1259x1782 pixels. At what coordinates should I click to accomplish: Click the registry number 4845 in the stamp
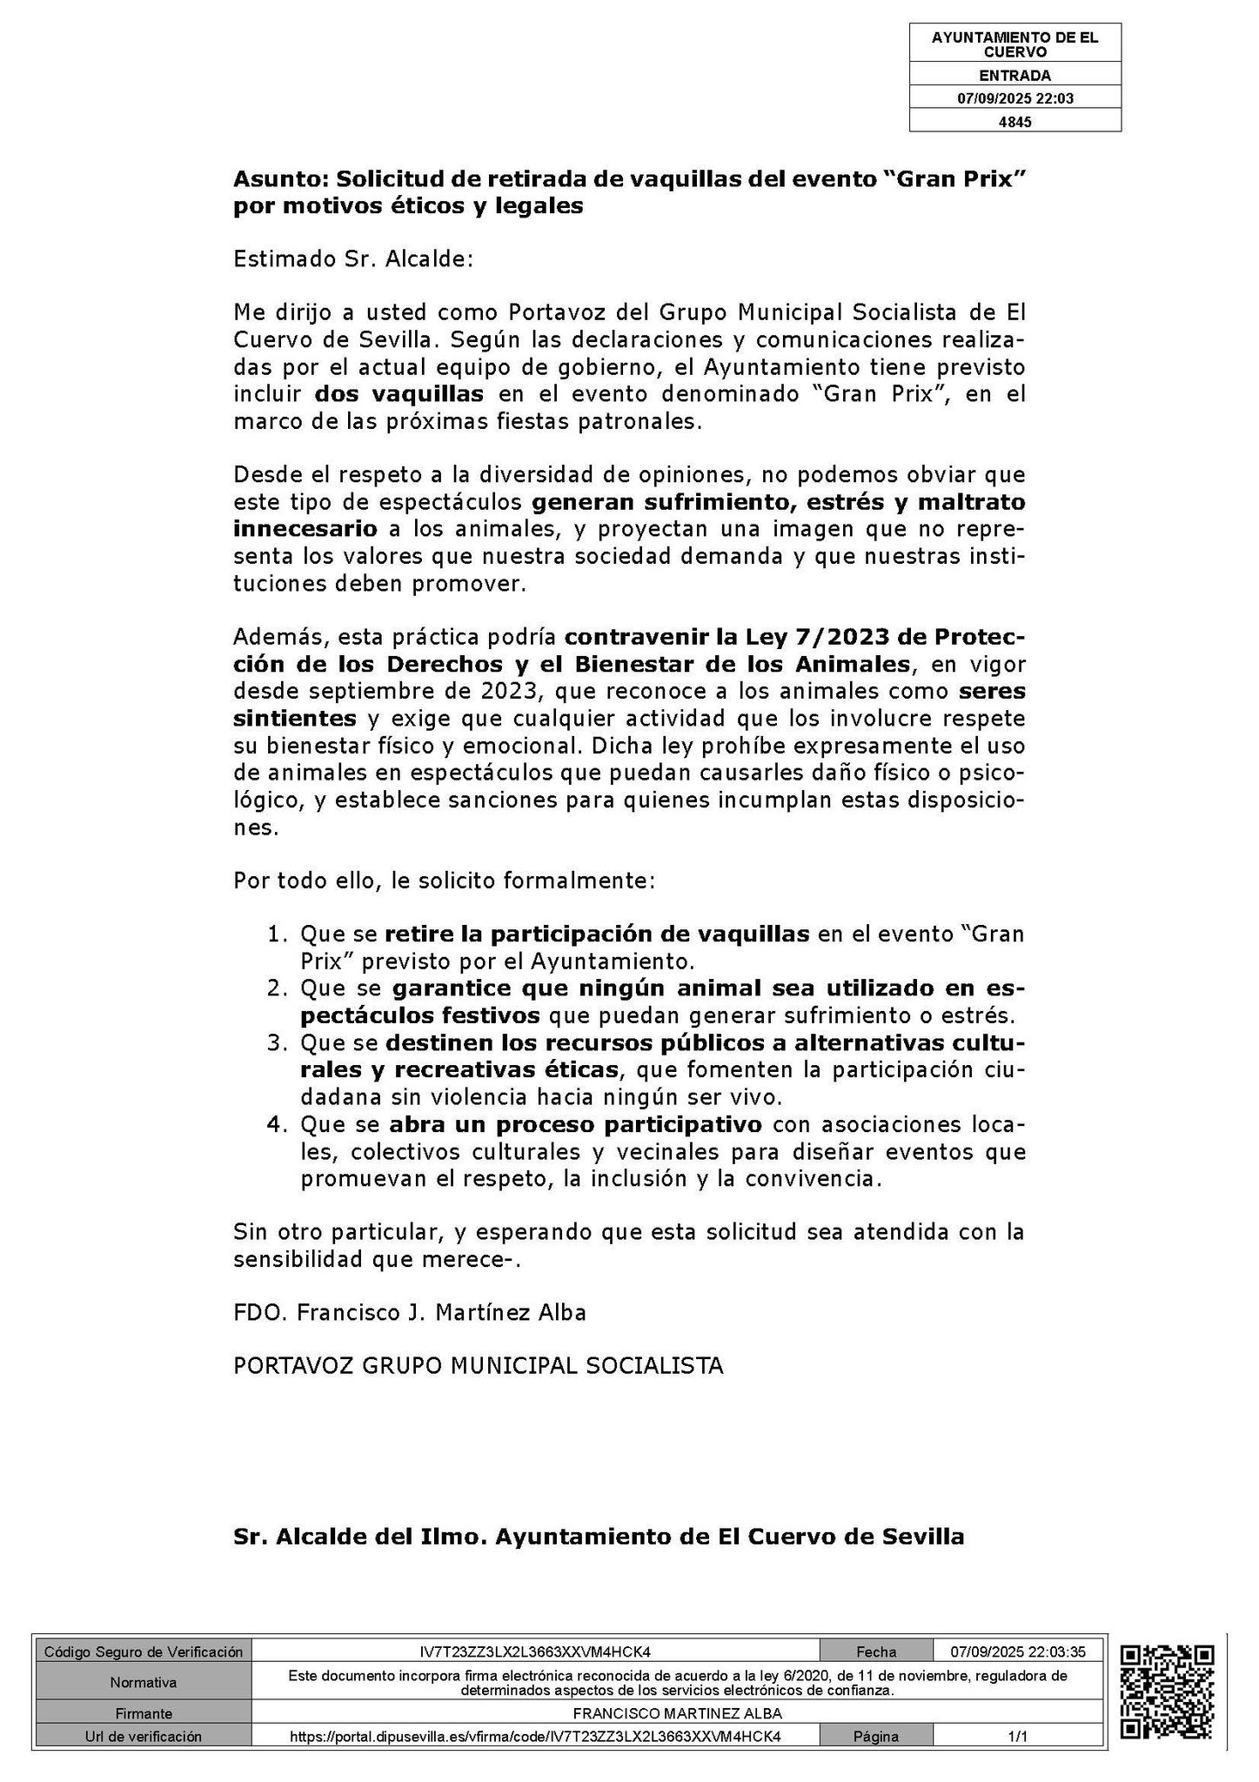[x=1015, y=123]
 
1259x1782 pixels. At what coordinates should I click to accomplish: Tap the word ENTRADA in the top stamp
[x=1015, y=76]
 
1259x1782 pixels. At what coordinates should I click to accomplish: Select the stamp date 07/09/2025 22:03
[x=1015, y=99]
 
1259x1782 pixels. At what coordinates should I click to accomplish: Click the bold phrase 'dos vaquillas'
[x=398, y=394]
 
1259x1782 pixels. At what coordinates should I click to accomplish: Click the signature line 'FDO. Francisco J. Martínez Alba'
[x=410, y=1312]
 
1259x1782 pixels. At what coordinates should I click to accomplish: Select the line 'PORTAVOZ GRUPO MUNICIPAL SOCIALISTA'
[x=479, y=1366]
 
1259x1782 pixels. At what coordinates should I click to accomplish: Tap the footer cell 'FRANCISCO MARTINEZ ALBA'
[x=678, y=1713]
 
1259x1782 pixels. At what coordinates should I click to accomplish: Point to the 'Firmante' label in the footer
[x=144, y=1713]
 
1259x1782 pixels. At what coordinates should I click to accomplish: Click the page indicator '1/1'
[x=1017, y=1737]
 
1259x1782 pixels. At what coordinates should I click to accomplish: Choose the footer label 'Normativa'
[x=144, y=1683]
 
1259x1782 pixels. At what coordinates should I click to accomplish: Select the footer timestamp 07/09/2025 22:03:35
[x=1017, y=1651]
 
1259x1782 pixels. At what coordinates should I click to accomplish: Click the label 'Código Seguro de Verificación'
[x=144, y=1651]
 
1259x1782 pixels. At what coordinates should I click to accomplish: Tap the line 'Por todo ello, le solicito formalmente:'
[x=444, y=881]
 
